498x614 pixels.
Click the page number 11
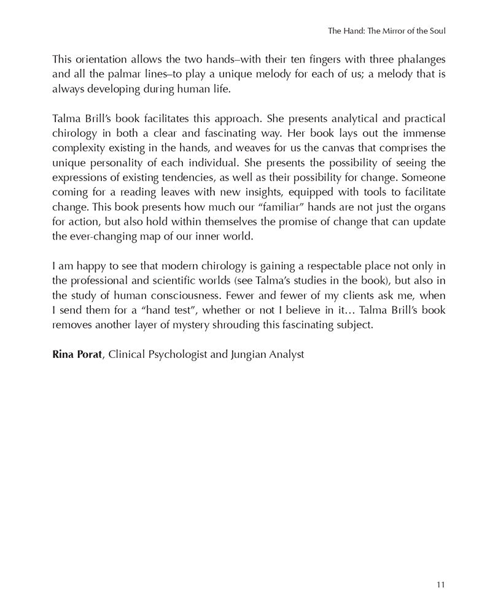[440, 584]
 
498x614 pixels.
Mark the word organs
[427, 208]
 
